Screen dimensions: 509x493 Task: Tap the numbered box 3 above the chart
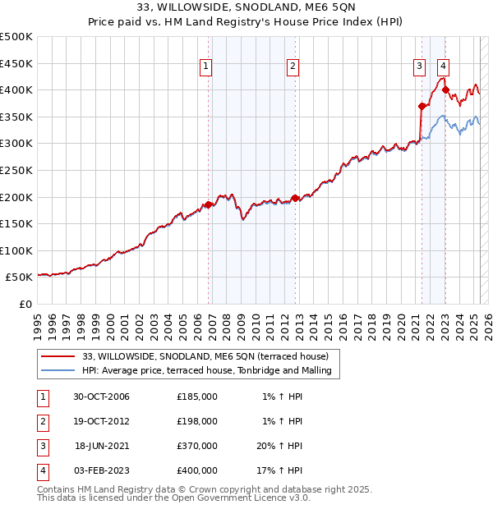pos(419,66)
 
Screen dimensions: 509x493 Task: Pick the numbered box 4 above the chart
pos(443,66)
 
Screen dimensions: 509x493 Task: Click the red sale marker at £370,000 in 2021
pos(422,105)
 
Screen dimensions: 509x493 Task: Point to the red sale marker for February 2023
pos(445,89)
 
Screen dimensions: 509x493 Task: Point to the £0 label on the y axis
pos(25,304)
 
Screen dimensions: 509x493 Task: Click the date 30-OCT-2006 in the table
pos(102,397)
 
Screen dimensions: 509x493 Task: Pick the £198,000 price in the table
pos(197,421)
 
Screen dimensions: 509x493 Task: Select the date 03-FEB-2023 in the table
pos(102,470)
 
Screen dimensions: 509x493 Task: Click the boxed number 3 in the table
pos(42,446)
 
